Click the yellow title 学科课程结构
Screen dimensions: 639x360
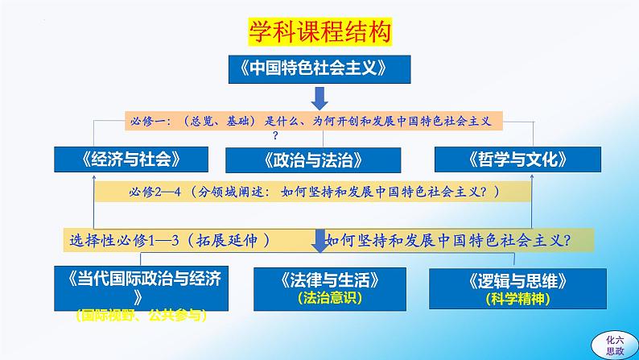point(320,31)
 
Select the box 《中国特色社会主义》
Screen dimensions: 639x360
point(319,69)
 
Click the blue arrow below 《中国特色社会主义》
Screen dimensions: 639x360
point(319,98)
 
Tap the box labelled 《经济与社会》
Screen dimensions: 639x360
point(131,159)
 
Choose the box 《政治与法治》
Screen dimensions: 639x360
point(313,160)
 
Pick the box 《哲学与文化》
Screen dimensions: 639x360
point(517,159)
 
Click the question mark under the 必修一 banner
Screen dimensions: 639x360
point(275,135)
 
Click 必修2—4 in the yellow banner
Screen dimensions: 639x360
point(155,192)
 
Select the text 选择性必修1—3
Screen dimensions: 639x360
point(124,241)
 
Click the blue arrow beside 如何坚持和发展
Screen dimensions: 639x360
point(320,241)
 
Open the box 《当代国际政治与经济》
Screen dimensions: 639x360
point(141,288)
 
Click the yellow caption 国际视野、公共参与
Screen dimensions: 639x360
point(141,315)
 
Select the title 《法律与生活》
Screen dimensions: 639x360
point(330,280)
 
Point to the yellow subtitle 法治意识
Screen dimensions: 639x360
point(330,298)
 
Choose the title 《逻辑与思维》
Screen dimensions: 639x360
point(517,281)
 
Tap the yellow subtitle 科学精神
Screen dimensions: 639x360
point(517,299)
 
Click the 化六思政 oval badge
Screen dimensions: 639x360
point(615,346)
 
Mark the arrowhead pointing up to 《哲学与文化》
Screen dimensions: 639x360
point(532,177)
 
